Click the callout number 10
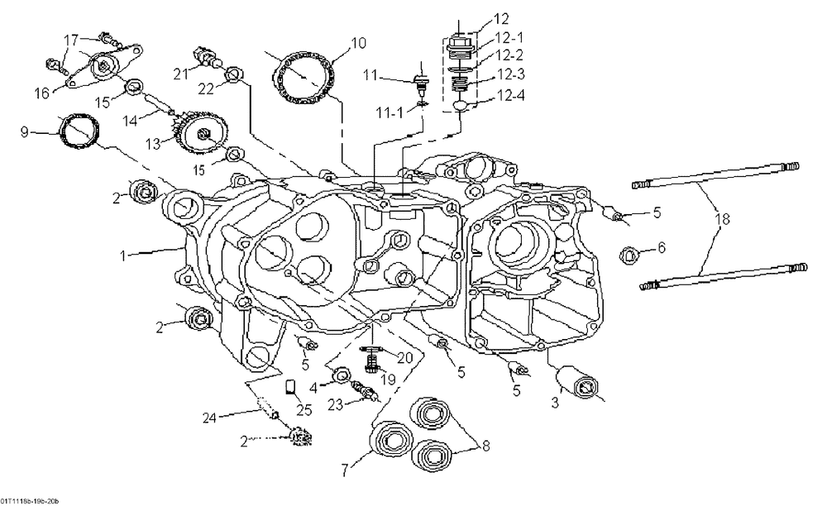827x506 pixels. pyautogui.click(x=356, y=42)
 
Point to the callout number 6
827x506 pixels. pyautogui.click(x=661, y=246)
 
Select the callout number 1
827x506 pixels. pyautogui.click(x=125, y=256)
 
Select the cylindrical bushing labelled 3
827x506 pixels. pyautogui.click(x=579, y=383)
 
